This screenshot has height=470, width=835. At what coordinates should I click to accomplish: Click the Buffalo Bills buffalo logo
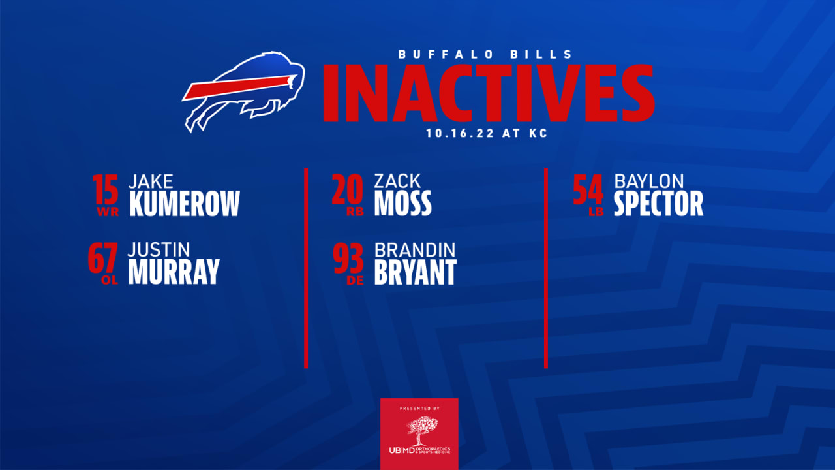pos(245,90)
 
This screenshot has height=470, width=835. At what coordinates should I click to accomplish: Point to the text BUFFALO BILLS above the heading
pos(486,55)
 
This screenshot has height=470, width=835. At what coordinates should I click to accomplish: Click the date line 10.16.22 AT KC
pos(486,133)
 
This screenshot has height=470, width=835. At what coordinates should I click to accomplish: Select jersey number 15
pos(106,190)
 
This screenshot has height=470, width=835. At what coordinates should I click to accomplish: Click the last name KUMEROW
pos(185,204)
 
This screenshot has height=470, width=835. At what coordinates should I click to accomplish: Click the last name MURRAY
pos(174,272)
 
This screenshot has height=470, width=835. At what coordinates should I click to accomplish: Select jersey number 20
pos(347,190)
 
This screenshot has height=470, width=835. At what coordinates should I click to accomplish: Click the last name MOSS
pos(402,204)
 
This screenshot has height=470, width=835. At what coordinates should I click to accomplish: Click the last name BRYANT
pos(415,272)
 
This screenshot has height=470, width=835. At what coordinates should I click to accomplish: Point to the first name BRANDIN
pos(415,249)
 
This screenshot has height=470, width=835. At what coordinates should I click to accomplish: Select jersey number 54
pos(588,190)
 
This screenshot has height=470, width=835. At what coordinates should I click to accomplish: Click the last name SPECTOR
pos(658,204)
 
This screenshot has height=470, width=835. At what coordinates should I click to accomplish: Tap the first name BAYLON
pos(648,181)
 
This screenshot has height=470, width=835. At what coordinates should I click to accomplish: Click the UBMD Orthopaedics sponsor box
pos(419,433)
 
